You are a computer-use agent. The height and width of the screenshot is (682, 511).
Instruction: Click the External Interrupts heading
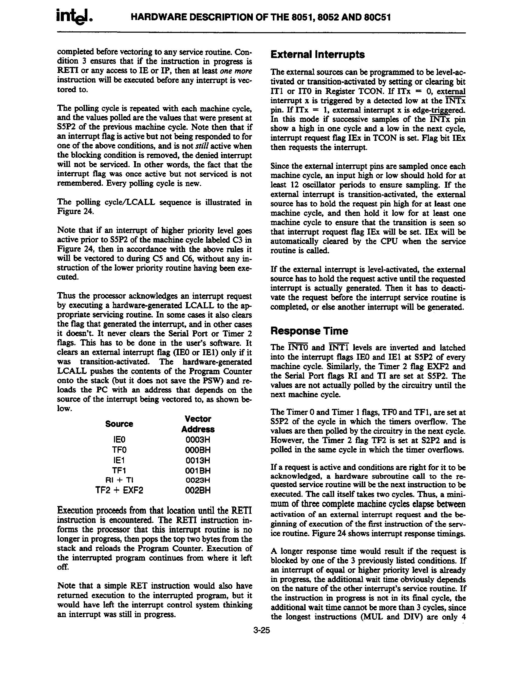(317, 54)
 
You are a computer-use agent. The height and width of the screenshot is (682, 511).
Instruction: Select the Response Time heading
(309, 331)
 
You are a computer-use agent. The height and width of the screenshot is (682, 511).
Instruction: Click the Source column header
(119, 424)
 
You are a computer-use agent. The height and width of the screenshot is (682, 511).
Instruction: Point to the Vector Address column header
(198, 424)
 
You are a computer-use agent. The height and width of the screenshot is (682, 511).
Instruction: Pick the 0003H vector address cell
(198, 439)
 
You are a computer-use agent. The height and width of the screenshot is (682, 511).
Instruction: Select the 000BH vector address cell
(198, 450)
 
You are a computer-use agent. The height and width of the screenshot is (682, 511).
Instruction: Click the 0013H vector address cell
(198, 460)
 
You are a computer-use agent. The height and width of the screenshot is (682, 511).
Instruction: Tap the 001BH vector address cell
(198, 470)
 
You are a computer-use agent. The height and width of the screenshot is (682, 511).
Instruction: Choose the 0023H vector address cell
(198, 480)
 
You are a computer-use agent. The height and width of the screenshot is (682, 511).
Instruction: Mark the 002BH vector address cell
(198, 490)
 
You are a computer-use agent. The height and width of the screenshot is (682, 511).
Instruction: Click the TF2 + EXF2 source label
(119, 490)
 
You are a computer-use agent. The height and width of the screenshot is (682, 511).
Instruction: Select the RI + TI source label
(119, 480)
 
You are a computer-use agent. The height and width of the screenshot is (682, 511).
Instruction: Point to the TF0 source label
(119, 450)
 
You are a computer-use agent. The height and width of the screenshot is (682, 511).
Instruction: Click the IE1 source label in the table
(119, 460)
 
